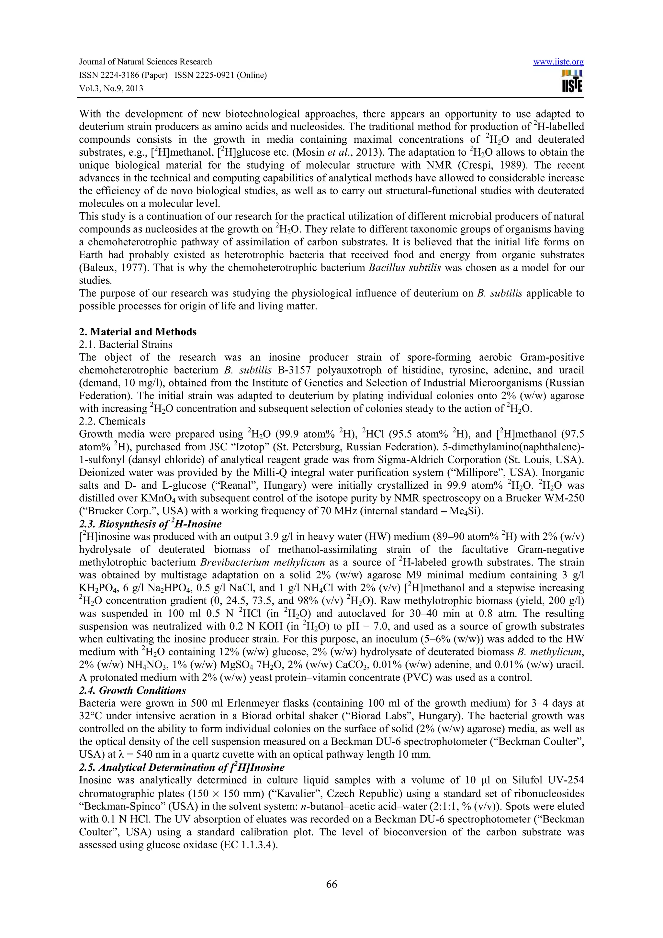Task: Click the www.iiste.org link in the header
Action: click(558, 62)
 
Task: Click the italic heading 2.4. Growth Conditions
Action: click(132, 690)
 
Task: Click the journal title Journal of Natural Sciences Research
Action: click(145, 62)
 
